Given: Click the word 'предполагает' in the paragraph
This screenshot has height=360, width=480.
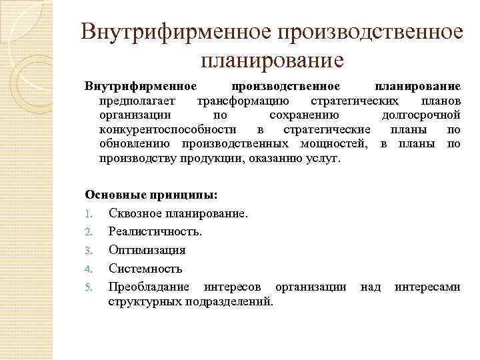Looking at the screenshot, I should (138, 101).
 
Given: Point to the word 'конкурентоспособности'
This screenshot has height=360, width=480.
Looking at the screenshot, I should (167, 129).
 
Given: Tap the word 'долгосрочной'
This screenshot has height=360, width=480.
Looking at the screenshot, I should (419, 115).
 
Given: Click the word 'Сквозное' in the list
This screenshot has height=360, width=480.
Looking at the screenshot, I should (135, 214).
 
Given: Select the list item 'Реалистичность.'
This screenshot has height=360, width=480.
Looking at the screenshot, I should (155, 232).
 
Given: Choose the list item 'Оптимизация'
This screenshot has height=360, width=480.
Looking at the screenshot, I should (147, 251).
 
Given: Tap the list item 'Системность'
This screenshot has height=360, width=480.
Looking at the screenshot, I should (145, 269).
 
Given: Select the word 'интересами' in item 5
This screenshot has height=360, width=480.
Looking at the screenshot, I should (427, 287).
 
